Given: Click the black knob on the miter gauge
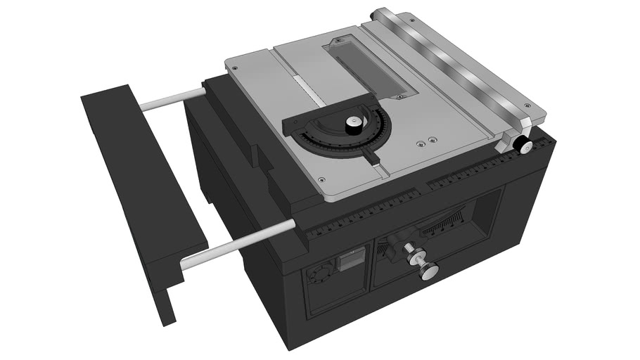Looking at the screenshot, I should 354,125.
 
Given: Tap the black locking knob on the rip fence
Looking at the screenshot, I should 522,145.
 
